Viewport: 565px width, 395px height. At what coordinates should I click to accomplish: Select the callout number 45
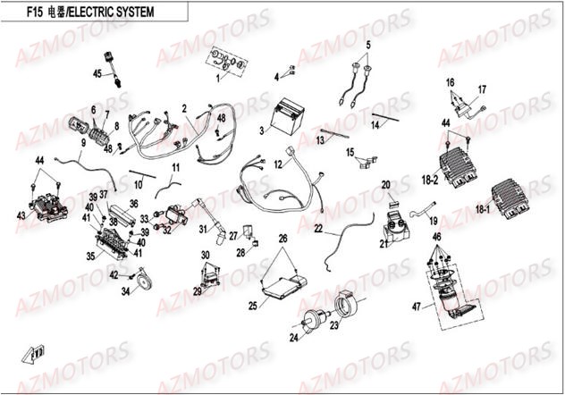[x=98, y=73]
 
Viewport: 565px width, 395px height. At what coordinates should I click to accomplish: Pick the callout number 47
[x=415, y=307]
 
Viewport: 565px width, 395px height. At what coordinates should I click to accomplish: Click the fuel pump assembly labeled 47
[x=451, y=290]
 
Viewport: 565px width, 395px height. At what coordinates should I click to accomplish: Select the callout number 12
[x=278, y=164]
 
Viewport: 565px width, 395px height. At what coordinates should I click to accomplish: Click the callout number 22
[x=317, y=229]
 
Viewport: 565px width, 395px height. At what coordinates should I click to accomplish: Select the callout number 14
[x=375, y=126]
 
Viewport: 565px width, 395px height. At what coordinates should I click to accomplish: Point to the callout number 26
[x=282, y=239]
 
